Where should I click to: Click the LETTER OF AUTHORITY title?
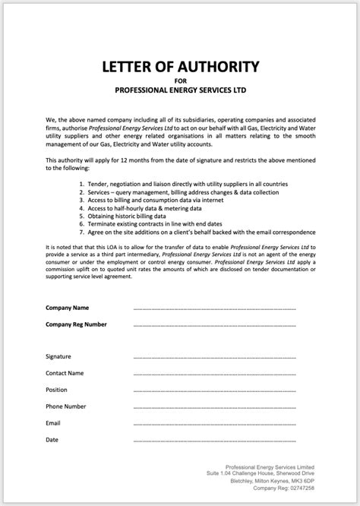click(x=179, y=65)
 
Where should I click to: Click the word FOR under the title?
click(x=179, y=80)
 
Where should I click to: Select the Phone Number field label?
click(x=66, y=406)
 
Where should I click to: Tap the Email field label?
click(x=53, y=422)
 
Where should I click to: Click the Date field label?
click(x=52, y=439)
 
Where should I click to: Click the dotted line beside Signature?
click(x=214, y=356)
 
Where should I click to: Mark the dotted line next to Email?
click(x=214, y=423)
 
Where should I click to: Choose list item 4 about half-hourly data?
click(x=140, y=207)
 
